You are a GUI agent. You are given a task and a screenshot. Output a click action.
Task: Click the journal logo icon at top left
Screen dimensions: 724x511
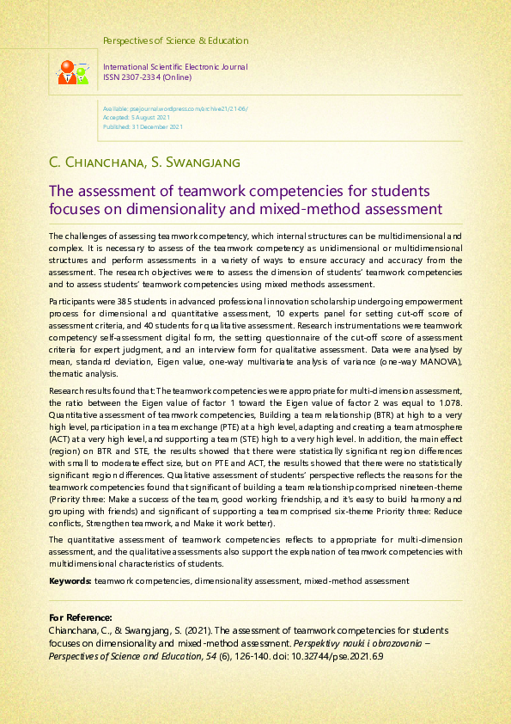point(72,72)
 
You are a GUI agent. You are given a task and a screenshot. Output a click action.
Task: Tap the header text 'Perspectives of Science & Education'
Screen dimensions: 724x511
point(175,40)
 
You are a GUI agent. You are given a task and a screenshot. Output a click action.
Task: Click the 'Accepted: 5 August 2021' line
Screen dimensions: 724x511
point(143,118)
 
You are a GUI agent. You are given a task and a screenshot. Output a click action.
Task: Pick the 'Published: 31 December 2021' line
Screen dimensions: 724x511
point(143,126)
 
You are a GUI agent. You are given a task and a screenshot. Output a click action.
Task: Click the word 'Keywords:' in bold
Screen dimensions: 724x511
point(70,581)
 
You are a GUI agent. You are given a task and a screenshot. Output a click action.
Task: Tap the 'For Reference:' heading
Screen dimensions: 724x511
point(81,617)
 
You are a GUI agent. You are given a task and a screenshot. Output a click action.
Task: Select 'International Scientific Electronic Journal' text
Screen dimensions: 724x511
point(175,67)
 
